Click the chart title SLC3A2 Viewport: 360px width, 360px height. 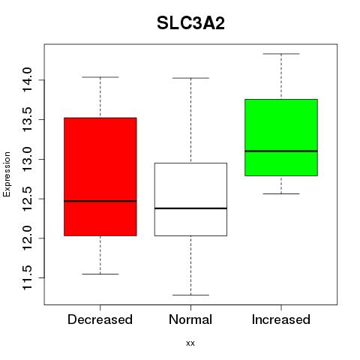[190, 23]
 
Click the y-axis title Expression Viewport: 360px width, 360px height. [7, 174]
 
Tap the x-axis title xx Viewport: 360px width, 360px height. [190, 343]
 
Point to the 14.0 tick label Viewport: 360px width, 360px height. [27, 80]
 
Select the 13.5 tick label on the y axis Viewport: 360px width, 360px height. [27, 119]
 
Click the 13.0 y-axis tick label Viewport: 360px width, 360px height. [27, 159]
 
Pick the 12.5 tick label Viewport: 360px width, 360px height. [27, 199]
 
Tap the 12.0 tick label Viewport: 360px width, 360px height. [27, 238]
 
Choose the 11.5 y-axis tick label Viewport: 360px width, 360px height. [27, 277]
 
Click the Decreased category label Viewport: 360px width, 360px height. [100, 319]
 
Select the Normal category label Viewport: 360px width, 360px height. [190, 319]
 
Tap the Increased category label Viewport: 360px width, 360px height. [281, 319]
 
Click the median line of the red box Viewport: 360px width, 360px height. [100, 201]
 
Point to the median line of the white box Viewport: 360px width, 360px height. [190, 208]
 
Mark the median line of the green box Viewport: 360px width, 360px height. [281, 151]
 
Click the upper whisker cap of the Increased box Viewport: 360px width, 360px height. [281, 54]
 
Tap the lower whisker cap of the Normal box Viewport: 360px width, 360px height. [190, 295]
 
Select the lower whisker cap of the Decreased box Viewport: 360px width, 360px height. [100, 274]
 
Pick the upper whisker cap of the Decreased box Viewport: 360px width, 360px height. [100, 77]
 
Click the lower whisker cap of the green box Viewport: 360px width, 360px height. [281, 193]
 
